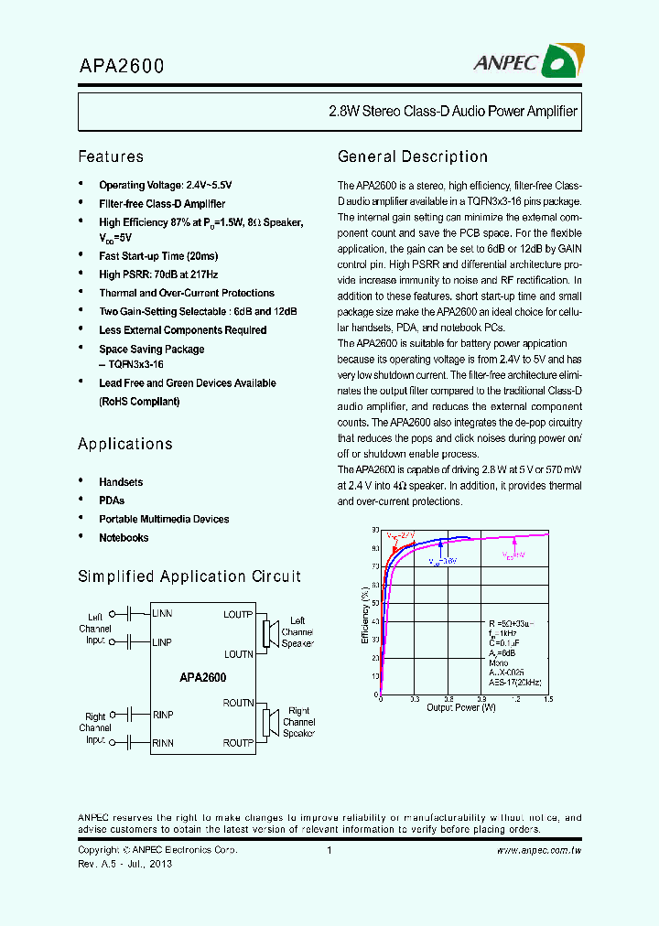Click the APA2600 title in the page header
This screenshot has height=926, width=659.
pos(121,66)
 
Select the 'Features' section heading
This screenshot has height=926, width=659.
pos(111,156)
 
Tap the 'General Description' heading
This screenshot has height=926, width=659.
pos(412,156)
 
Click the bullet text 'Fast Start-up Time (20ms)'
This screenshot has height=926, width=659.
pos(158,256)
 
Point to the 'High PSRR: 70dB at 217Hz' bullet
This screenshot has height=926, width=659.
pos(157,275)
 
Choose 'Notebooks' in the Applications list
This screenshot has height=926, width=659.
pos(124,538)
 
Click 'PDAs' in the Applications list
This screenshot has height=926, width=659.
pos(112,501)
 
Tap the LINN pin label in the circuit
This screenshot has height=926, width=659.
pos(162,612)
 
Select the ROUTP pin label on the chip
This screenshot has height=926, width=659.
pos(238,743)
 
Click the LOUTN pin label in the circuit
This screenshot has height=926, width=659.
pos(238,654)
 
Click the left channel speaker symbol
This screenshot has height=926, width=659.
pos(271,632)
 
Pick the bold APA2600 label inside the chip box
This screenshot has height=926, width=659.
pos(203,678)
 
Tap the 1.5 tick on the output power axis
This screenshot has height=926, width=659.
pos(547,698)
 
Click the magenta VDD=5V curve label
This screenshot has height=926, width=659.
pos(513,555)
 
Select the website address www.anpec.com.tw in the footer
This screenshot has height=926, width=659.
pos(539,850)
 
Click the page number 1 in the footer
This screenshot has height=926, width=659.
pos(328,850)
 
